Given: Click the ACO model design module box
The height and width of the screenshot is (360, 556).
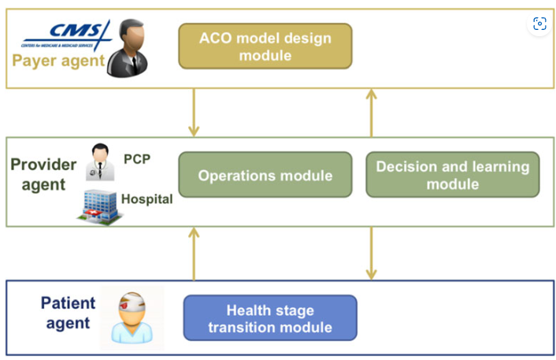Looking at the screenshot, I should coord(265,46).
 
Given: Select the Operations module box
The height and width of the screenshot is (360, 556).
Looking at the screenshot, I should coord(265,175).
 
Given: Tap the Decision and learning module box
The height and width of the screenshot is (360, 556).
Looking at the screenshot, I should coord(452,175).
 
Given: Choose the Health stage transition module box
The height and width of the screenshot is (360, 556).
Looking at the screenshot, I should coord(269,317).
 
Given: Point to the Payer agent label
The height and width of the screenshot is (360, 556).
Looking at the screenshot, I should coord(57,61).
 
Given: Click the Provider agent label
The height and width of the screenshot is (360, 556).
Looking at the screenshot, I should coord(43,174).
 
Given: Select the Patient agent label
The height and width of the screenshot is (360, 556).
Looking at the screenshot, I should coord(67,313).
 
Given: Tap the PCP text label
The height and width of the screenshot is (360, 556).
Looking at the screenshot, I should coord(137,158).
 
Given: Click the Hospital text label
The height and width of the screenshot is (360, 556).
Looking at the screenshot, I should coord(146,199).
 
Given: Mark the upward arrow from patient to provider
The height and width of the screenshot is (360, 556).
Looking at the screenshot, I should coord(194,254).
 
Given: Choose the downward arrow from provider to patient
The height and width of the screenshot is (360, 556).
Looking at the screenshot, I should coord(372,254).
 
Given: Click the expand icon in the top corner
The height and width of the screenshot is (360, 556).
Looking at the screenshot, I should coord(539,24).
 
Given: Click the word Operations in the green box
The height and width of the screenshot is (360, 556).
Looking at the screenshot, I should coord(239,175).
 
